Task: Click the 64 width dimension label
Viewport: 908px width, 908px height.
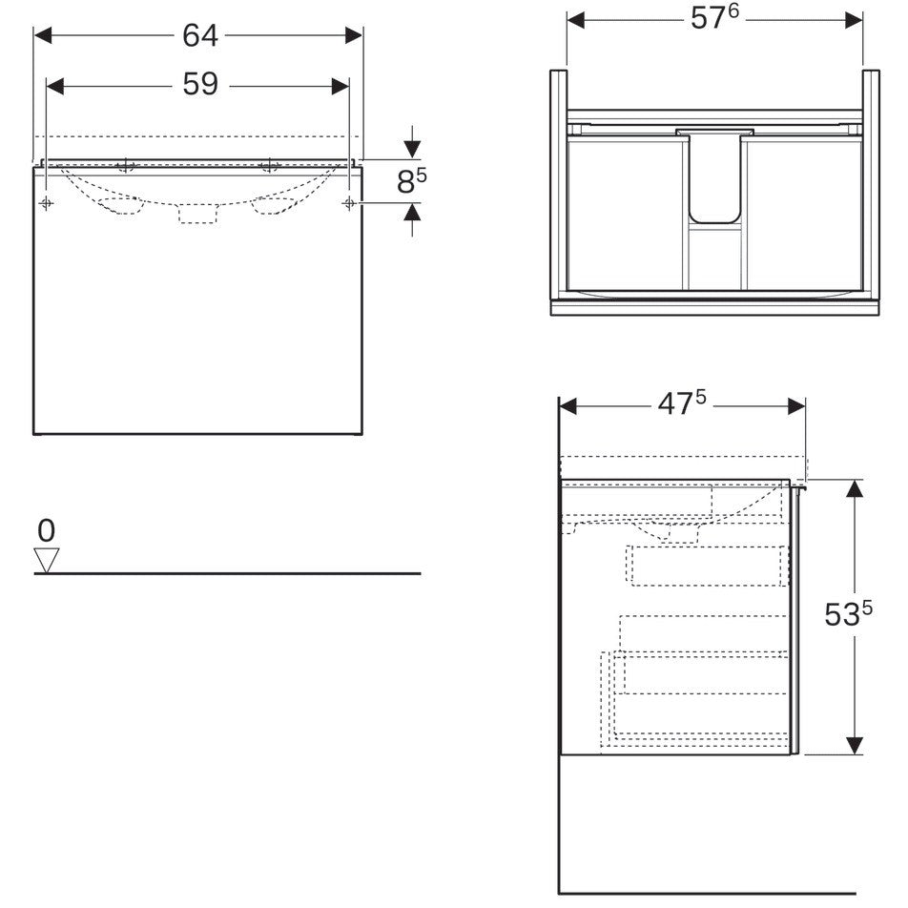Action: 200,36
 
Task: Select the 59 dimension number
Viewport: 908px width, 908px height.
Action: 200,85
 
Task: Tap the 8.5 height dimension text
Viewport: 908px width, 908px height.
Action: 411,180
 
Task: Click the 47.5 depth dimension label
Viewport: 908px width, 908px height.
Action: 682,403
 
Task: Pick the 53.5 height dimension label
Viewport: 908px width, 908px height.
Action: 848,614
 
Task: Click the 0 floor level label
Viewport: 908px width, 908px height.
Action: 47,530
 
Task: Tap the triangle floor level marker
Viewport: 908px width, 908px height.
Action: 47,560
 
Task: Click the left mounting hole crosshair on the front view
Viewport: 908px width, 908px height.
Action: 47,202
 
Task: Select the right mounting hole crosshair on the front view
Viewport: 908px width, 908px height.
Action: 349,202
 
